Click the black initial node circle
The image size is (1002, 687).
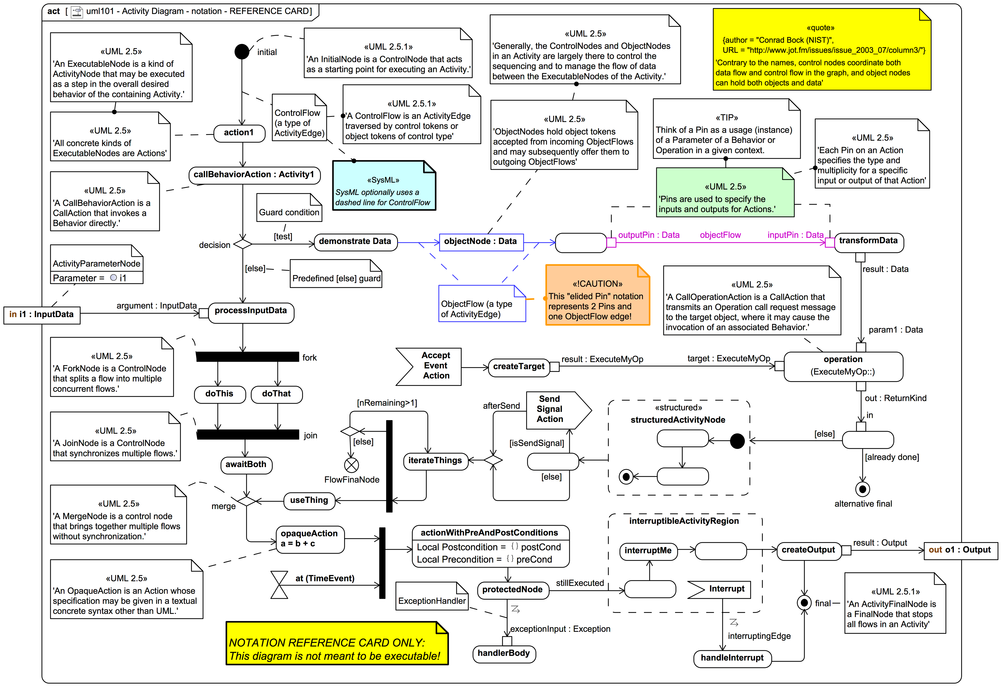pyautogui.click(x=242, y=52)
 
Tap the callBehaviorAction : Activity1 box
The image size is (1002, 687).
pyautogui.click(x=254, y=175)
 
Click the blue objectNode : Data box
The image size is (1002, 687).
pyautogui.click(x=481, y=242)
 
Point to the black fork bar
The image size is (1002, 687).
pyautogui.click(x=248, y=357)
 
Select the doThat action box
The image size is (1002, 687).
pyautogui.click(x=276, y=394)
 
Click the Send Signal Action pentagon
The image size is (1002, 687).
pyautogui.click(x=556, y=410)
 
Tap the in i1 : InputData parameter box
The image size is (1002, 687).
pyautogui.click(x=42, y=315)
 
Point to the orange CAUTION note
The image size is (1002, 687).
pyautogui.click(x=597, y=295)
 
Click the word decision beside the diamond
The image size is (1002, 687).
pyautogui.click(x=214, y=245)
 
